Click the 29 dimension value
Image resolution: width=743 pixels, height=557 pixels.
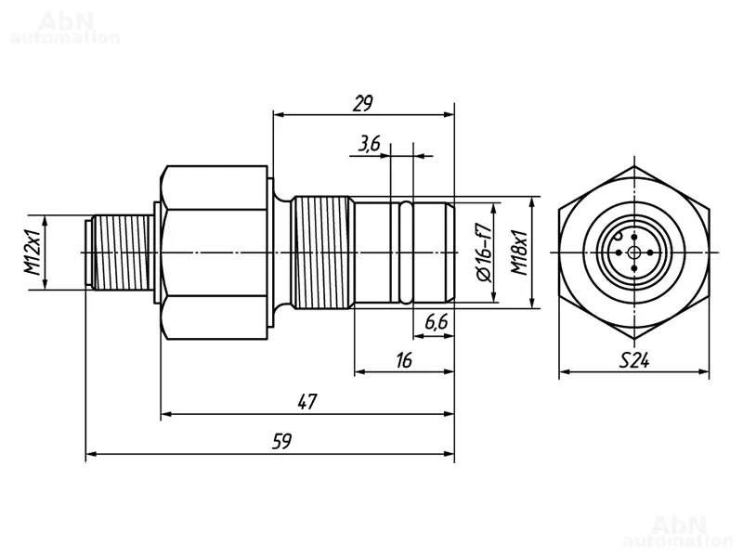[363, 102]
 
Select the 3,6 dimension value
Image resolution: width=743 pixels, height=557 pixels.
[369, 143]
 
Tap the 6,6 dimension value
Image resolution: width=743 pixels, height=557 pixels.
[437, 322]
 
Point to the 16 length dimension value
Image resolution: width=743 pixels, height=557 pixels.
[403, 360]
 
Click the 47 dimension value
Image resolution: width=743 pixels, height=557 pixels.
[307, 402]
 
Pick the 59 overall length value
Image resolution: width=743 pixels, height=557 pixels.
[282, 442]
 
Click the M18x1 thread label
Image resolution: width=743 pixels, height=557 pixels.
[521, 253]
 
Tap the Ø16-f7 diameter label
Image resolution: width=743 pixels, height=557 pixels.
[484, 253]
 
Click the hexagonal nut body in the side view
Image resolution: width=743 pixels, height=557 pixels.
[215, 253]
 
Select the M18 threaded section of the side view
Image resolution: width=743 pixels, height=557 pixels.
[323, 253]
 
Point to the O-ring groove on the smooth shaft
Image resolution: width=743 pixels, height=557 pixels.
[405, 253]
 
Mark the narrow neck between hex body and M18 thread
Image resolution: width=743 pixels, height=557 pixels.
[282, 253]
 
